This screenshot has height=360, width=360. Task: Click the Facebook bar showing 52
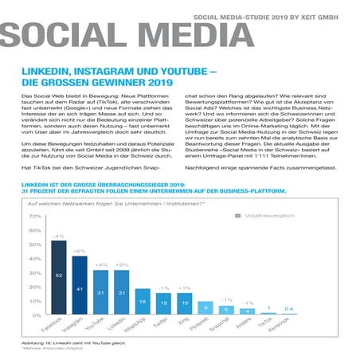pos(58,277)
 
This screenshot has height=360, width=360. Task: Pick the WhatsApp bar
pos(142,302)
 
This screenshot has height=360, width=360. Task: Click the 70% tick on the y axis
pos(34,216)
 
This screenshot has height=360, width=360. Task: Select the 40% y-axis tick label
pos(34,259)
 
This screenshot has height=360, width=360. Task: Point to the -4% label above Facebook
pos(58,237)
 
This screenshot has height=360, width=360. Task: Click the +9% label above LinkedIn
pos(121,264)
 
